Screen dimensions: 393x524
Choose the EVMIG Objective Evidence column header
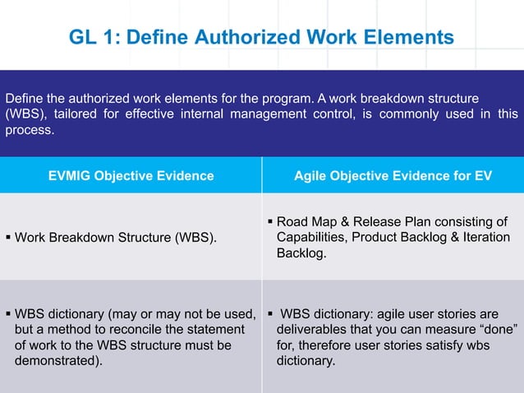coord(131,175)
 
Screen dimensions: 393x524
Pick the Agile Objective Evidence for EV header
coord(393,175)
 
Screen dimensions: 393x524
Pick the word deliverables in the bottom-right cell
coord(313,330)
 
